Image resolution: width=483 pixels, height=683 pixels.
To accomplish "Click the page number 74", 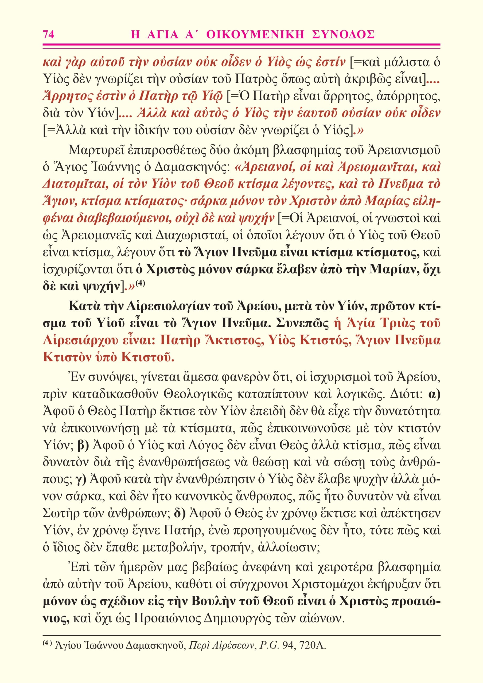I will tap(49, 34).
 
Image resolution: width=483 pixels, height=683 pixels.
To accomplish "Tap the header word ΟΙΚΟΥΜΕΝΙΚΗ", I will tap(255, 34).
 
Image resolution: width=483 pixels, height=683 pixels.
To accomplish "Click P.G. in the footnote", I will tap(269, 646).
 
